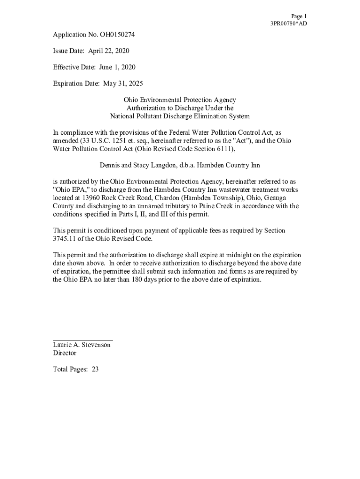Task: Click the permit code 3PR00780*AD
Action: click(288, 24)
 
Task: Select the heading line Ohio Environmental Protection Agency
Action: click(180, 100)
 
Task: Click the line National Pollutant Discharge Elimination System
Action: click(180, 116)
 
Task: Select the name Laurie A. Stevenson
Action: click(82, 345)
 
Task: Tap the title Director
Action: click(65, 353)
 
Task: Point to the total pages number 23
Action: click(95, 370)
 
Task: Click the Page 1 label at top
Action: click(298, 16)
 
